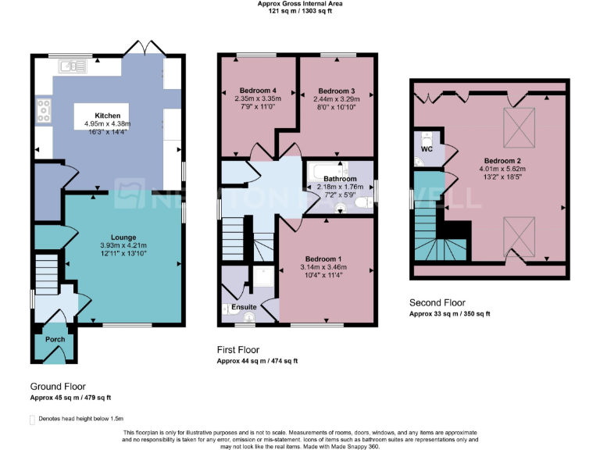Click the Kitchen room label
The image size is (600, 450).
(108, 115)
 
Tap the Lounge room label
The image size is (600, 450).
(123, 237)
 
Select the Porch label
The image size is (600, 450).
(55, 339)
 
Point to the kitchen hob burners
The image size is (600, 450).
(44, 112)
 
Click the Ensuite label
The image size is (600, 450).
(245, 307)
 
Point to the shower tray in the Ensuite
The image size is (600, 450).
(264, 278)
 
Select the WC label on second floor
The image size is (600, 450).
(427, 148)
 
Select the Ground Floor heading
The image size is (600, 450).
(58, 387)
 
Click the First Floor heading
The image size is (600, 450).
(238, 350)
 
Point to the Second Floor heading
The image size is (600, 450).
(437, 302)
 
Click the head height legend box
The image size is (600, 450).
(32, 420)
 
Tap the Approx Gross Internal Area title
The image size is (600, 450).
(300, 4)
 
